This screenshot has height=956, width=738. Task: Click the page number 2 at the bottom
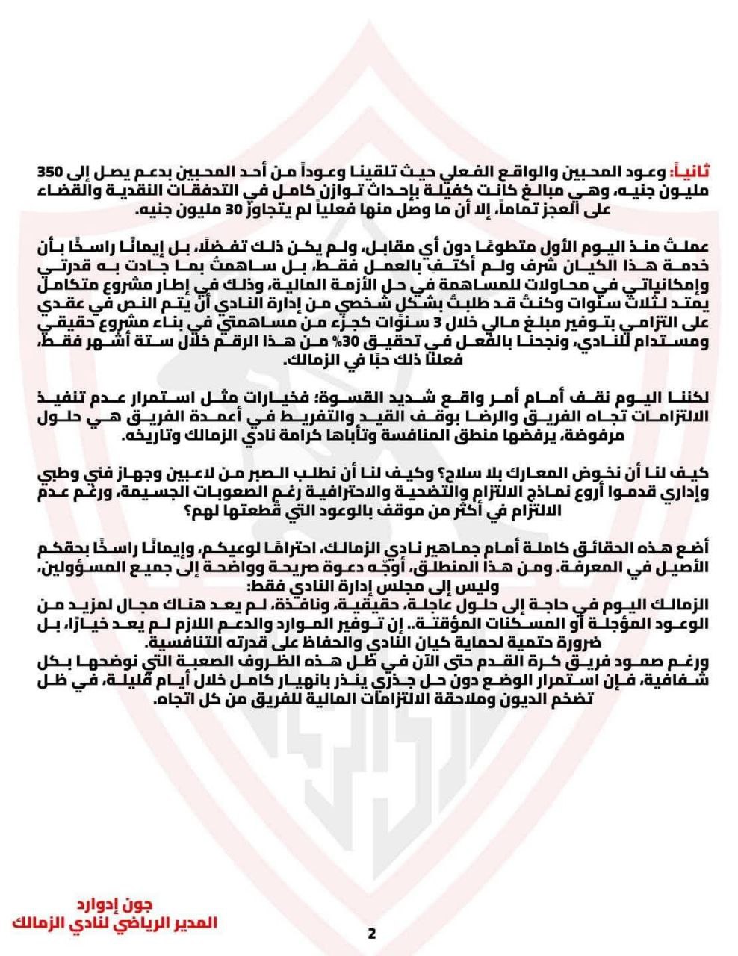coord(371,934)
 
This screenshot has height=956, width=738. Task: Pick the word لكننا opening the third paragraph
coord(688,396)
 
